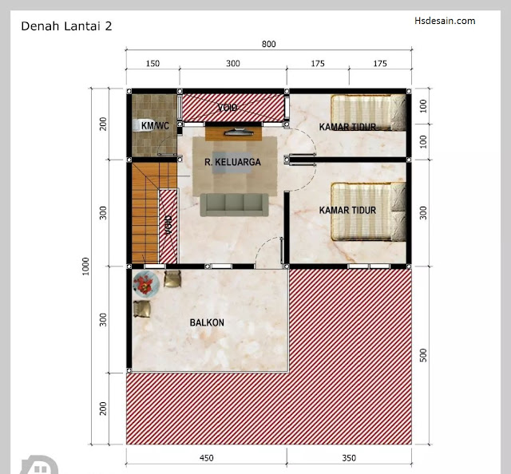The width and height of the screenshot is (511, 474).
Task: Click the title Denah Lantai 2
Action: pyautogui.click(x=66, y=26)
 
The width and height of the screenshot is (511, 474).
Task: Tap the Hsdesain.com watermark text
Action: pyautogui.click(x=445, y=21)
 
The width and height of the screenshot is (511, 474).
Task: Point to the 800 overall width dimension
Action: pyautogui.click(x=269, y=44)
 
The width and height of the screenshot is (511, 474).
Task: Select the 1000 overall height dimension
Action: pyautogui.click(x=85, y=267)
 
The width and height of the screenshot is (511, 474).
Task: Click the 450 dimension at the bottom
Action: pyautogui.click(x=206, y=458)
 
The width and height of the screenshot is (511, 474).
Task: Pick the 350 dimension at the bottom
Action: pyautogui.click(x=349, y=458)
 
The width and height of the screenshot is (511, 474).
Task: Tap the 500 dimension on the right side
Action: pyautogui.click(x=423, y=355)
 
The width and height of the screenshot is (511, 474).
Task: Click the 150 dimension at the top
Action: pyautogui.click(x=153, y=63)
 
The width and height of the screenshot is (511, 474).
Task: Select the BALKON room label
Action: pyautogui.click(x=207, y=322)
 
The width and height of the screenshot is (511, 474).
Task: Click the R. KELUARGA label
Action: pyautogui.click(x=232, y=162)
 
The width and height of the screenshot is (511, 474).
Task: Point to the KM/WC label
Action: pyautogui.click(x=155, y=125)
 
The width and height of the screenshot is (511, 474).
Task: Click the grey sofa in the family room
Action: pyautogui.click(x=234, y=205)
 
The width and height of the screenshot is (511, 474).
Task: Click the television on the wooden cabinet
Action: pyautogui.click(x=240, y=132)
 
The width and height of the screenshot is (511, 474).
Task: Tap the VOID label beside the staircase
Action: pyautogui.click(x=168, y=225)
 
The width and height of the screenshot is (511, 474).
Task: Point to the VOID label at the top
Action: pyautogui.click(x=227, y=108)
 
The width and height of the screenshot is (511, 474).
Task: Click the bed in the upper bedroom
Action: pyautogui.click(x=369, y=113)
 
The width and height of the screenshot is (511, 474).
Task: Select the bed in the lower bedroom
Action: pyautogui.click(x=369, y=211)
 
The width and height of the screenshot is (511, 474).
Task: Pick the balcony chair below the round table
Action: pyautogui.click(x=142, y=309)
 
